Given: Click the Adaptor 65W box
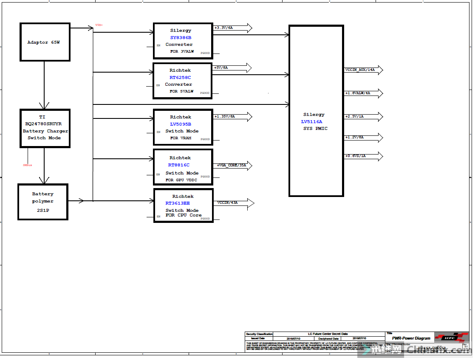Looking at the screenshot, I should pyautogui.click(x=45, y=42).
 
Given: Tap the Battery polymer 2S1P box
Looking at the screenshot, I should pyautogui.click(x=42, y=202).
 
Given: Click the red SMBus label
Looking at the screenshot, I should pyautogui.click(x=27, y=165).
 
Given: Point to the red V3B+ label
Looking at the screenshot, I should pyautogui.click(x=99, y=25).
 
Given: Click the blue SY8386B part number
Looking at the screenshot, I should pyautogui.click(x=181, y=37).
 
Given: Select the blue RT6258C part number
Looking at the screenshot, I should pyautogui.click(x=180, y=77).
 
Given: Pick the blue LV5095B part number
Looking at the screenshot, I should pyautogui.click(x=181, y=124).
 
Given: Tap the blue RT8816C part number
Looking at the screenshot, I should pyautogui.click(x=179, y=165).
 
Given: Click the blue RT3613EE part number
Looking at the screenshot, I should pyautogui.click(x=178, y=203).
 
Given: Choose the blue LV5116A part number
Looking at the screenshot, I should pyautogui.click(x=311, y=121).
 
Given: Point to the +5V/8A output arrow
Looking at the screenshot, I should pyautogui.click(x=232, y=68).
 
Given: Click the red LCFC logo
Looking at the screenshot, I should pyautogui.click(x=451, y=337).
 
